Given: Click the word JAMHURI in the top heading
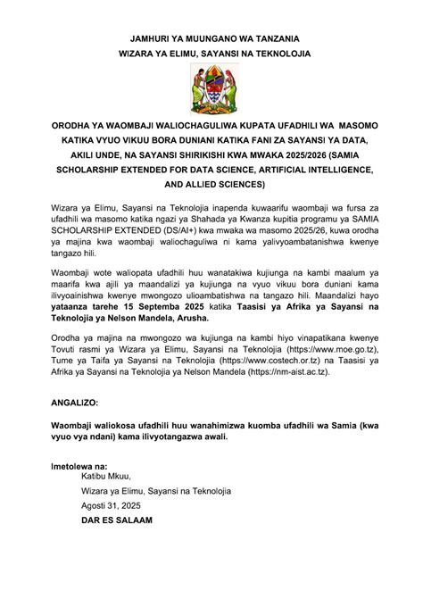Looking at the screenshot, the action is click(x=129, y=39).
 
